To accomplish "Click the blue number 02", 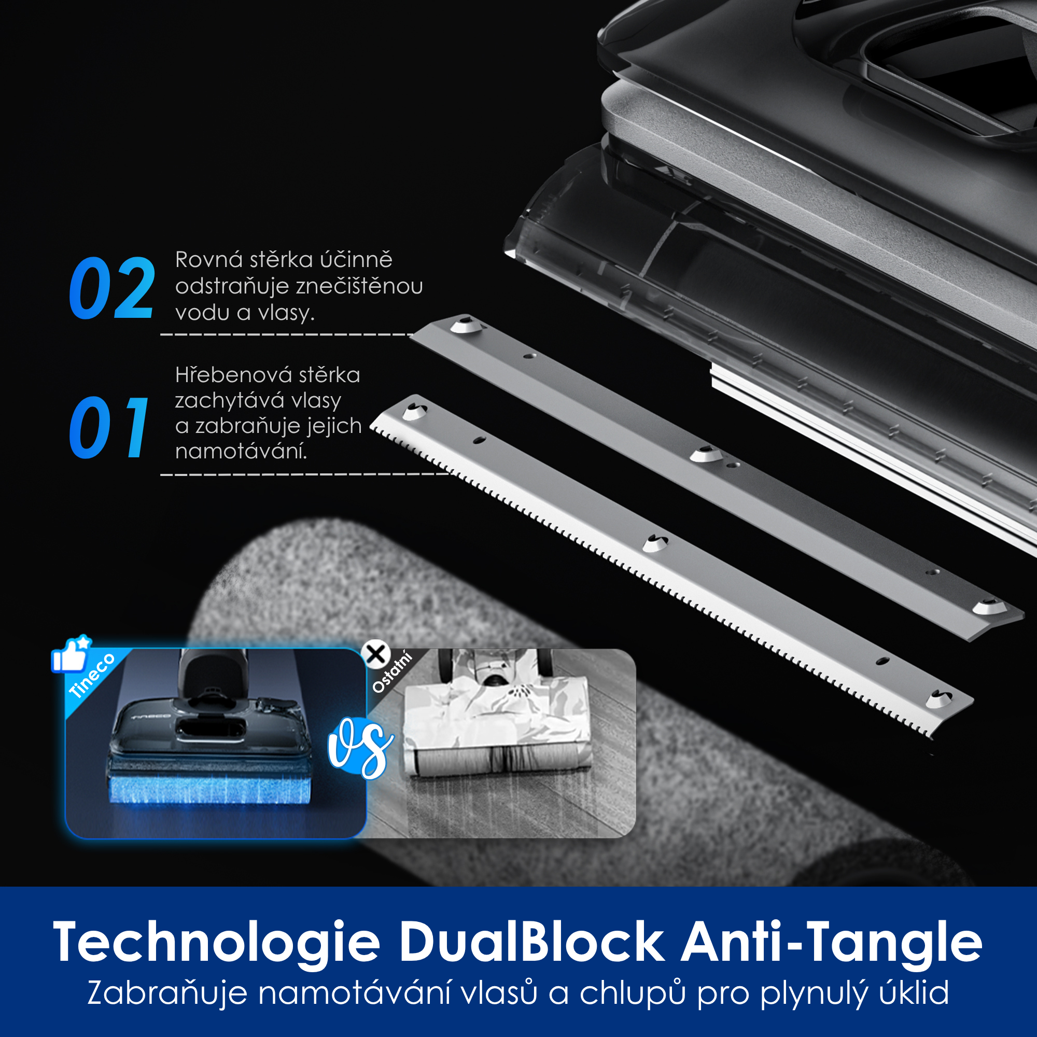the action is point(112,288).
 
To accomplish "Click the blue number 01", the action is point(109,428).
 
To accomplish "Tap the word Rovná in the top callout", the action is point(208,260).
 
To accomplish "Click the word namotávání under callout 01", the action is point(241,452).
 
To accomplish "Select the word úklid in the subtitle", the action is point(914,993).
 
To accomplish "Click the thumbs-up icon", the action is point(71,654).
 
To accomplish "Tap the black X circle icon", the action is point(376,654).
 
